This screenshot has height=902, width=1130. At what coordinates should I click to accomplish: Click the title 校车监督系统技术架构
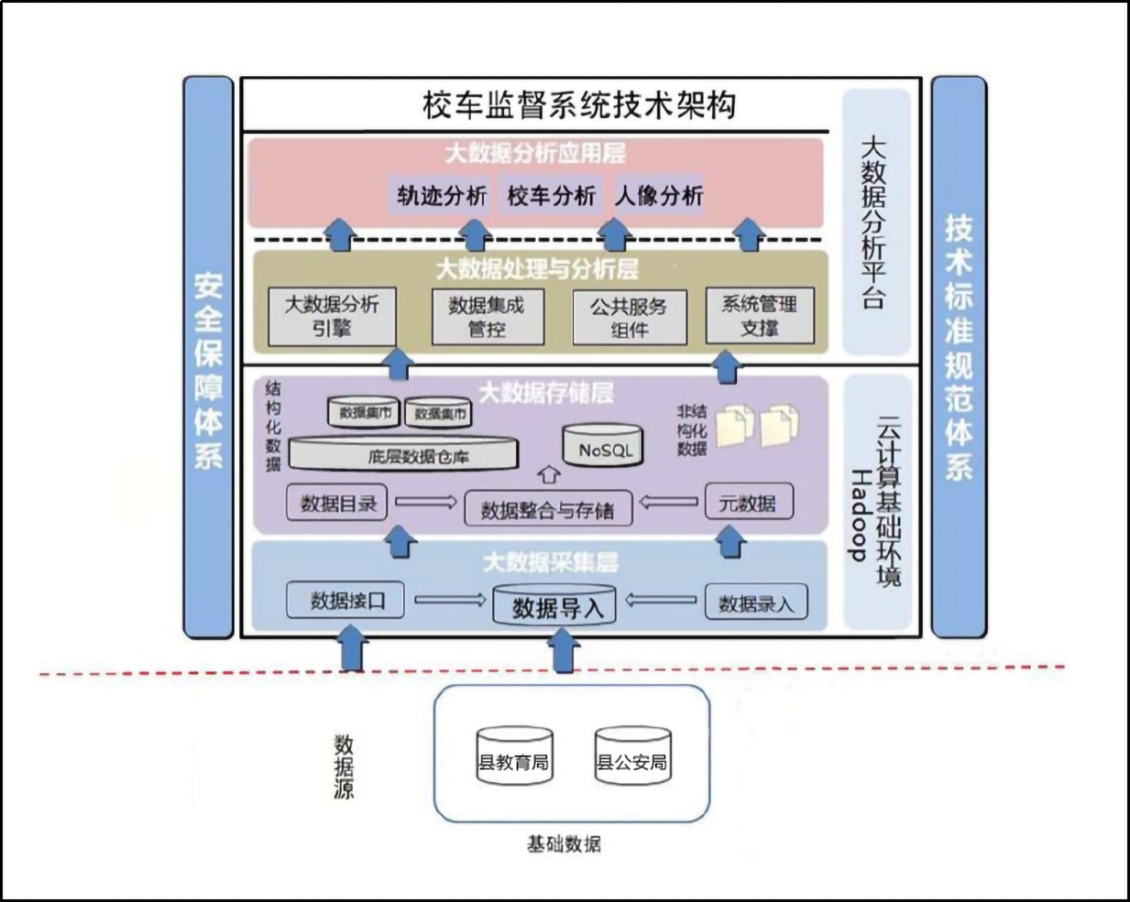579,104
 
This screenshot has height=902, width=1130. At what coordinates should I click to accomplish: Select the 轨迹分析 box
442,195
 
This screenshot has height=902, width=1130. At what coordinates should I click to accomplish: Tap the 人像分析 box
659,195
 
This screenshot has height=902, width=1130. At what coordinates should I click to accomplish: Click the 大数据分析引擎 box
331,317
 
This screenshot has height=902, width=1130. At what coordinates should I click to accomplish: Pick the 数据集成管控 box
488,317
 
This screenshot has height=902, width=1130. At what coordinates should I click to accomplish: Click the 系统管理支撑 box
759,316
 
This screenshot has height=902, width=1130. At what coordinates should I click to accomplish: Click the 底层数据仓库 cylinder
404,454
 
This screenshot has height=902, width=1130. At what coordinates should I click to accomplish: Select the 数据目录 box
338,503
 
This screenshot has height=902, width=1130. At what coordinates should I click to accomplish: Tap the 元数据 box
748,503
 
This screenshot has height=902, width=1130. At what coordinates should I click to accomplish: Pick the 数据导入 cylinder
554,606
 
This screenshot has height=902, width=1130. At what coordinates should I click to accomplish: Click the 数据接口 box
346,601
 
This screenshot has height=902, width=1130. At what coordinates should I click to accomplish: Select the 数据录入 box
755,603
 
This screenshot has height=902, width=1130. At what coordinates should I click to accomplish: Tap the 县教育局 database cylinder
514,758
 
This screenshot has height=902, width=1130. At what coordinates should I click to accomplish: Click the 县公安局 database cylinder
631,758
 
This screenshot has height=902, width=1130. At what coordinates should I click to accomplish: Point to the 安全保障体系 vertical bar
208,357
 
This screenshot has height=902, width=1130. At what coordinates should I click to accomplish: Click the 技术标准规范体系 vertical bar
959,357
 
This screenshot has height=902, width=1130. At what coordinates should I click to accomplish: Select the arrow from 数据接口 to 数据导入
449,601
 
